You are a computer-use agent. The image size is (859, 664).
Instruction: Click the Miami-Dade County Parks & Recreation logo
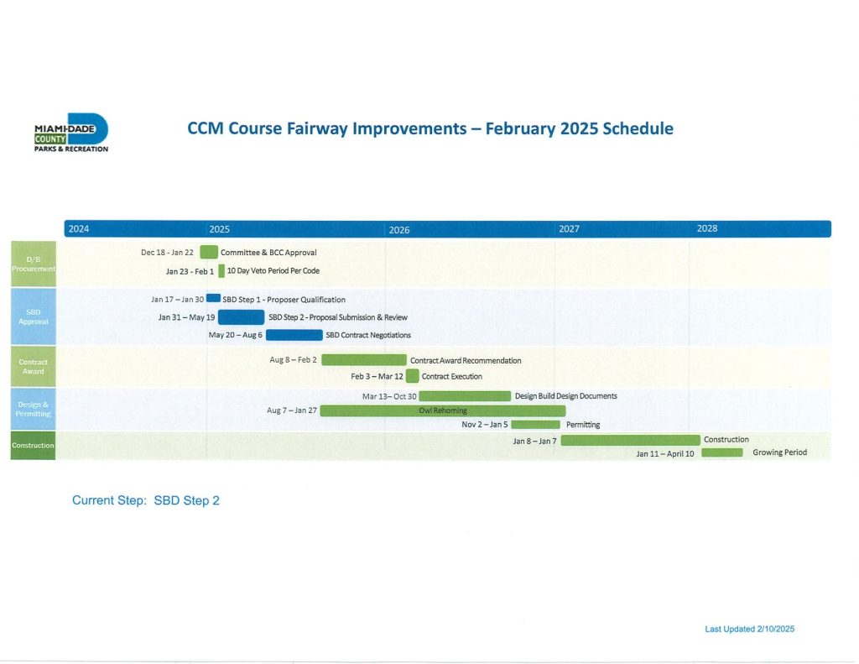(71, 133)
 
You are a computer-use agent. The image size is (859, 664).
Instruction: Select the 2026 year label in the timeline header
(398, 230)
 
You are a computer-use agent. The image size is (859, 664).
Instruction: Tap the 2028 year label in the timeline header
(706, 228)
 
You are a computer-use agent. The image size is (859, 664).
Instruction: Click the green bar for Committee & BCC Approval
(209, 252)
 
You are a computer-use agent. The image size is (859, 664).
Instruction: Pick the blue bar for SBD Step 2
(241, 317)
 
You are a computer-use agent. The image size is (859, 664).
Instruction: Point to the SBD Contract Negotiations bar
(294, 335)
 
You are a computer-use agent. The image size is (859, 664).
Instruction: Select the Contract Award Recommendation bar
(364, 359)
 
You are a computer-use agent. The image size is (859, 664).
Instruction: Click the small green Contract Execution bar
(413, 376)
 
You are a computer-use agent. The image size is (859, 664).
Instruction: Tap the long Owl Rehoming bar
(443, 410)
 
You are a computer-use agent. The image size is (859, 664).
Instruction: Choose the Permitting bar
(535, 425)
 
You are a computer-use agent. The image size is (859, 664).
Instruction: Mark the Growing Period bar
(722, 452)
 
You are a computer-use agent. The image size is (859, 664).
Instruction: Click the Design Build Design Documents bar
(465, 396)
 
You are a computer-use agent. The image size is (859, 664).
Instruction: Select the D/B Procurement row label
(34, 264)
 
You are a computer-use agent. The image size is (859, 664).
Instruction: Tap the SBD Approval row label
(34, 316)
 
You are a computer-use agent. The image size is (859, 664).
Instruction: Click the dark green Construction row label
(33, 445)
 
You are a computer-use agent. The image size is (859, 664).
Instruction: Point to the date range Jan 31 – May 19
(186, 317)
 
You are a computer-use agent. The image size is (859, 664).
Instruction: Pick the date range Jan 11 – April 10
(665, 453)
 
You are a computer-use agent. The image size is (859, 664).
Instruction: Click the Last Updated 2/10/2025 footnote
(749, 629)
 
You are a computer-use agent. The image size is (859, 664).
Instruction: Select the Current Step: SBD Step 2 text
(146, 500)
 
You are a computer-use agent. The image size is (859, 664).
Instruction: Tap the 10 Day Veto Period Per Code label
(273, 271)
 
